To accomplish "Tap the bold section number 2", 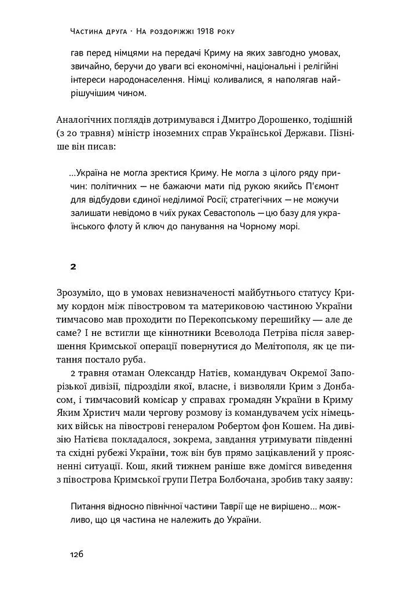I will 73,267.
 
